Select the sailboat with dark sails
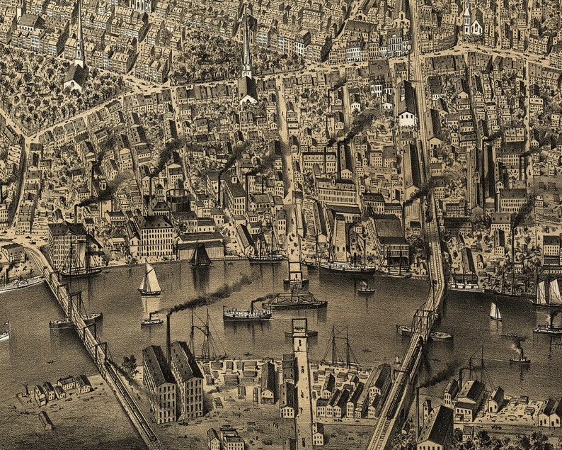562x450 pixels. pyautogui.click(x=200, y=256)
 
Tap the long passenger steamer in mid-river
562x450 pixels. pyautogui.click(x=246, y=313)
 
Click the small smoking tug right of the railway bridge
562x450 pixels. pyautogui.click(x=520, y=356)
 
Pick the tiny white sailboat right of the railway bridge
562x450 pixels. pyautogui.click(x=495, y=312)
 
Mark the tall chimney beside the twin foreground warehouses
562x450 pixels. pyautogui.click(x=168, y=339)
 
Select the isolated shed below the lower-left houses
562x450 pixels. pyautogui.click(x=45, y=420)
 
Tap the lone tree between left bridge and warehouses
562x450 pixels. pyautogui.click(x=129, y=365)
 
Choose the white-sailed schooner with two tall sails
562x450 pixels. pyautogui.click(x=546, y=292)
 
